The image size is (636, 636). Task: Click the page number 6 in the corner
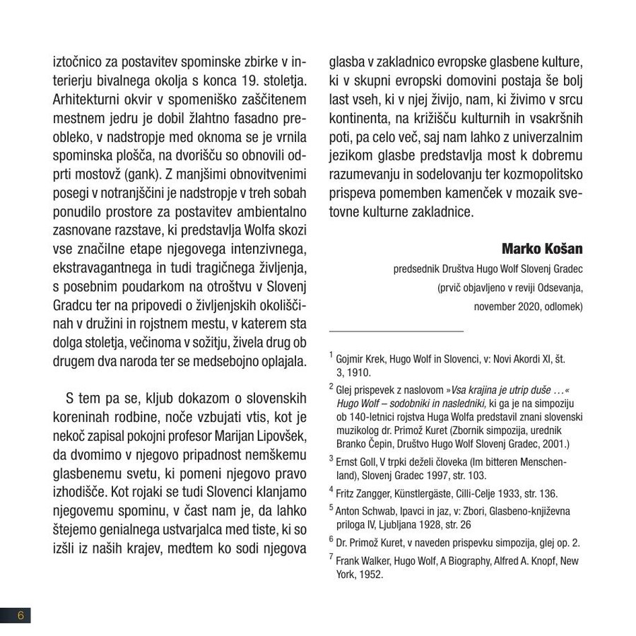[20, 615]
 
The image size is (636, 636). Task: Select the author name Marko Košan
[541, 249]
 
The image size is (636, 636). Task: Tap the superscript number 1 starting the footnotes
[331, 355]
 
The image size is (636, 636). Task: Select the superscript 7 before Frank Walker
[331, 558]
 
